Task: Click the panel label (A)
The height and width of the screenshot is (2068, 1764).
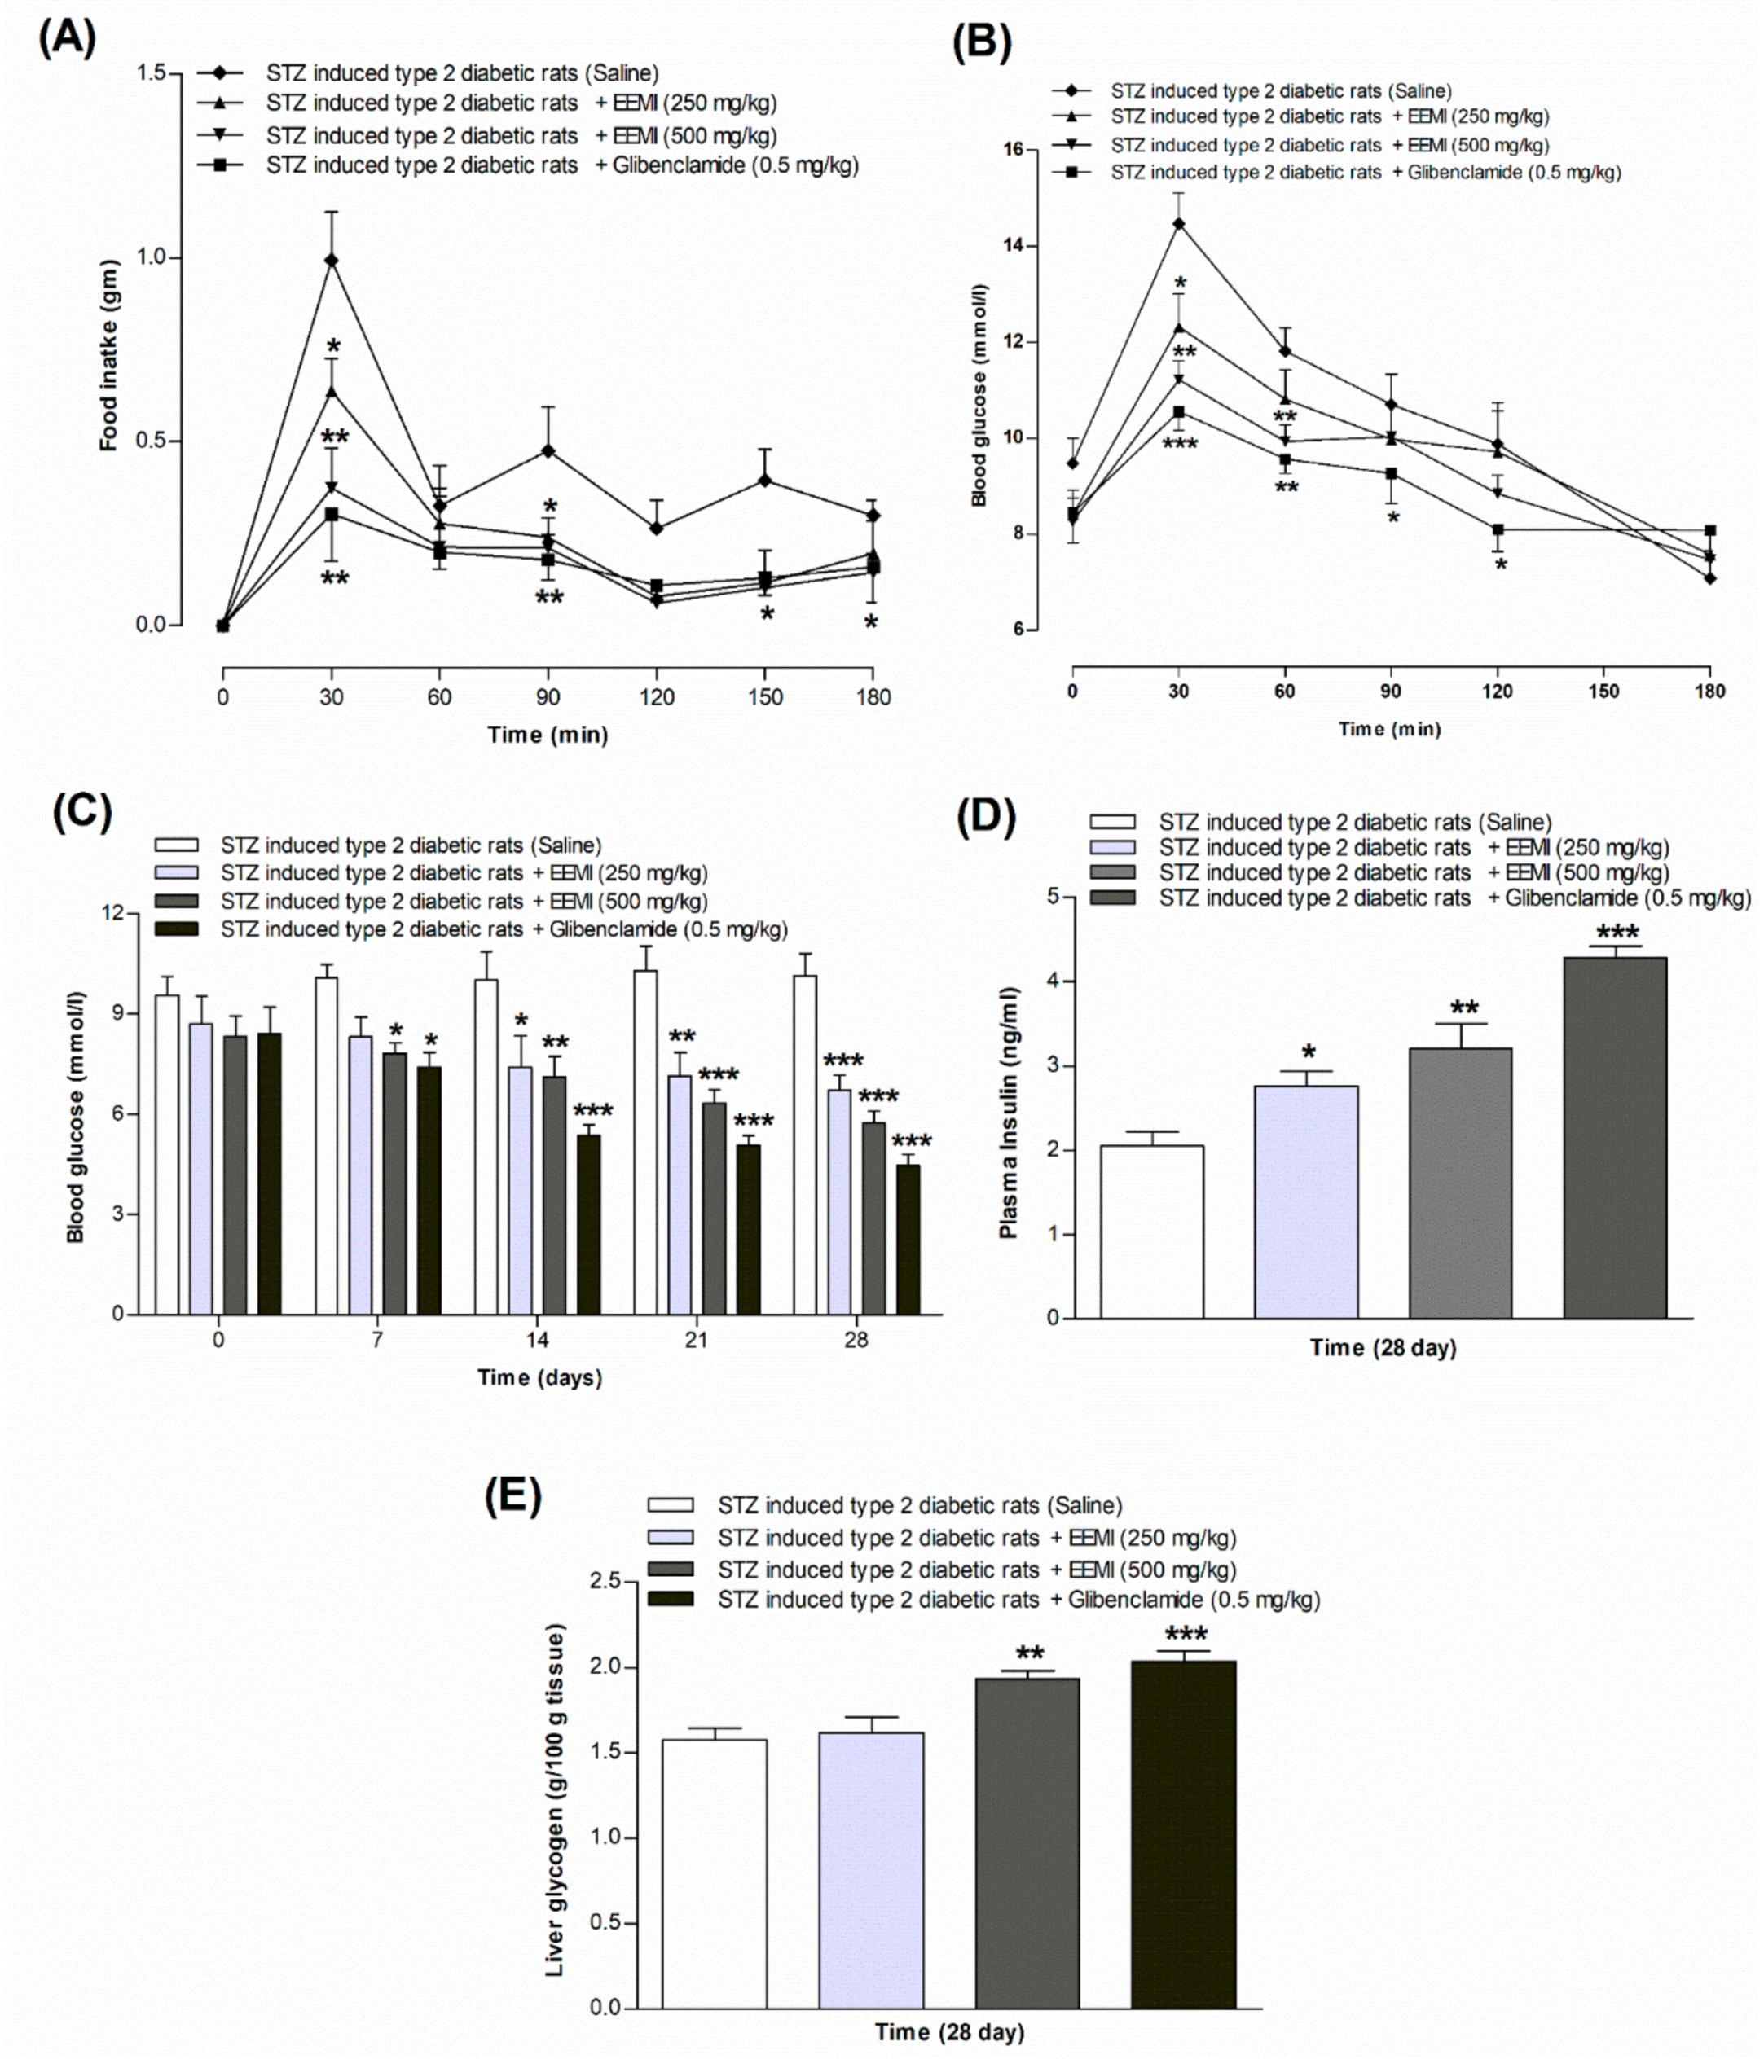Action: coord(68,39)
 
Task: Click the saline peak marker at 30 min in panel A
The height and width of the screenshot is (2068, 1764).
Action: coord(332,261)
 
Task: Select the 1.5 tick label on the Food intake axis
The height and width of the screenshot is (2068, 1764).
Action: coord(152,74)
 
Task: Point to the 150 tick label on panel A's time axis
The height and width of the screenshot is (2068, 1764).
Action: coord(765,696)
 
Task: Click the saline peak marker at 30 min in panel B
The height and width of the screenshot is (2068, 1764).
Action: coord(1178,223)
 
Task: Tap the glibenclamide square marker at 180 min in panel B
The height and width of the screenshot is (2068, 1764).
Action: coord(1709,530)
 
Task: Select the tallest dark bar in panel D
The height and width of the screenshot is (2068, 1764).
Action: coord(1614,1137)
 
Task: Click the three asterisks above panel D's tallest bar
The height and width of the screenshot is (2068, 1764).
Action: coord(1617,934)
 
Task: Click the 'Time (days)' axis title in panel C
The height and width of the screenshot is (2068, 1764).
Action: coord(539,1377)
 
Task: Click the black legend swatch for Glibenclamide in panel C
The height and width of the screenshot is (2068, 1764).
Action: coord(177,929)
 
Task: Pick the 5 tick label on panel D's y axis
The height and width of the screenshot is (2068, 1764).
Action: coord(1054,896)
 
